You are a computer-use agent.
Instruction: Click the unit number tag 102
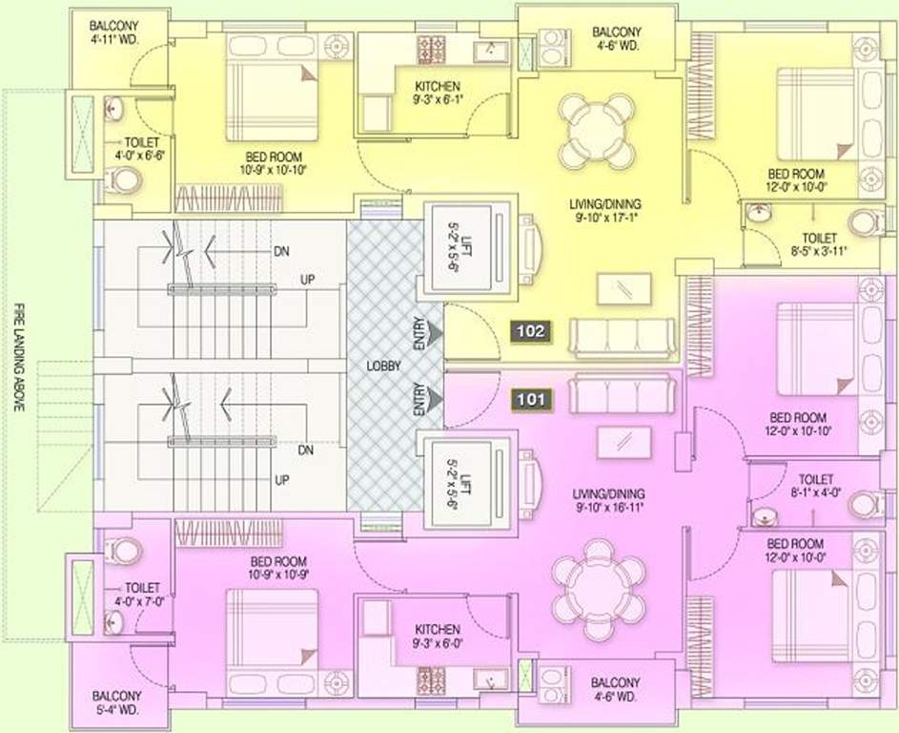pyautogui.click(x=531, y=331)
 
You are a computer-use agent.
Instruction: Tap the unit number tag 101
pyautogui.click(x=531, y=399)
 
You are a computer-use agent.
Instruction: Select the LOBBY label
pyautogui.click(x=384, y=366)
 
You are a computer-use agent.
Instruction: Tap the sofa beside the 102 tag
pyautogui.click(x=622, y=337)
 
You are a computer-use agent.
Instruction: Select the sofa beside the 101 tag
pyautogui.click(x=622, y=394)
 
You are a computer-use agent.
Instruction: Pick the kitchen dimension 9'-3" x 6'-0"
pyautogui.click(x=437, y=644)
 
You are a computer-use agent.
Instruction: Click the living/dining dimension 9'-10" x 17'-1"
pyautogui.click(x=608, y=218)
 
